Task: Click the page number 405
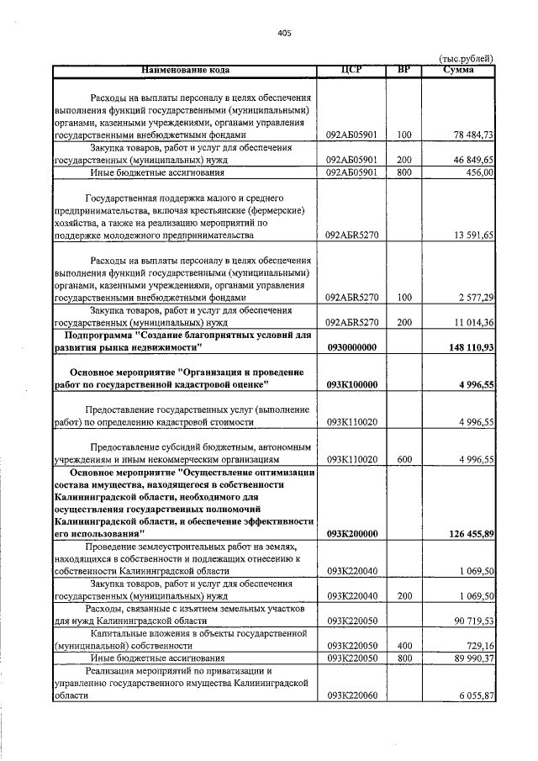coord(283,34)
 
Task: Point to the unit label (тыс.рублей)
coord(467,58)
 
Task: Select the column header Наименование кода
coord(185,70)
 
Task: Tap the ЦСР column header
coord(351,70)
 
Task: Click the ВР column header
coord(403,70)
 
